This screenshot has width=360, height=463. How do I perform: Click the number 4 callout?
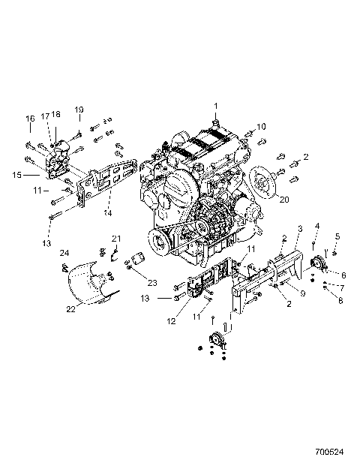[317, 226]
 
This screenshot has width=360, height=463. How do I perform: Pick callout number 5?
[337, 236]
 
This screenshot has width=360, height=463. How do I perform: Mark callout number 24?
[64, 253]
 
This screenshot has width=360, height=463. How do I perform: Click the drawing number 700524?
[330, 454]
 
